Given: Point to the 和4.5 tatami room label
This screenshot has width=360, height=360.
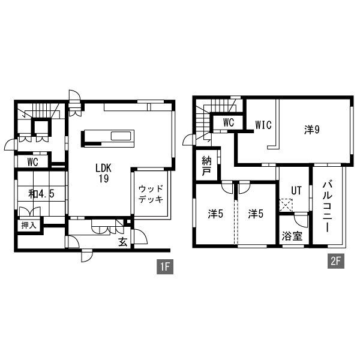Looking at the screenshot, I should click(39, 194).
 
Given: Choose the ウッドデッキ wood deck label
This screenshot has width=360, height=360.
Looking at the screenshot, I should click(151, 194).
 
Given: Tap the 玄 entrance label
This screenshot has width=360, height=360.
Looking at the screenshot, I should click(122, 242).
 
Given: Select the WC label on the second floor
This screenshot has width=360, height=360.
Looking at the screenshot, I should click(228, 122).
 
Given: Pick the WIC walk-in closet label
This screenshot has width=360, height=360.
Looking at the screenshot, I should click(263, 125).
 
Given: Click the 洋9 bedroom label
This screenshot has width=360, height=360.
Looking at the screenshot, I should click(310, 129).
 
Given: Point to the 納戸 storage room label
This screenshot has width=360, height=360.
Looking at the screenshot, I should click(207, 166).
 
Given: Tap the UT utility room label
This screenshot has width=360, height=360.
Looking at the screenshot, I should click(295, 190).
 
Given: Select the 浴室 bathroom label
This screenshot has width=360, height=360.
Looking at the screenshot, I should click(292, 236).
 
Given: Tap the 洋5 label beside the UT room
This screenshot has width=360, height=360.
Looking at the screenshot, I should click(256, 213).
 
